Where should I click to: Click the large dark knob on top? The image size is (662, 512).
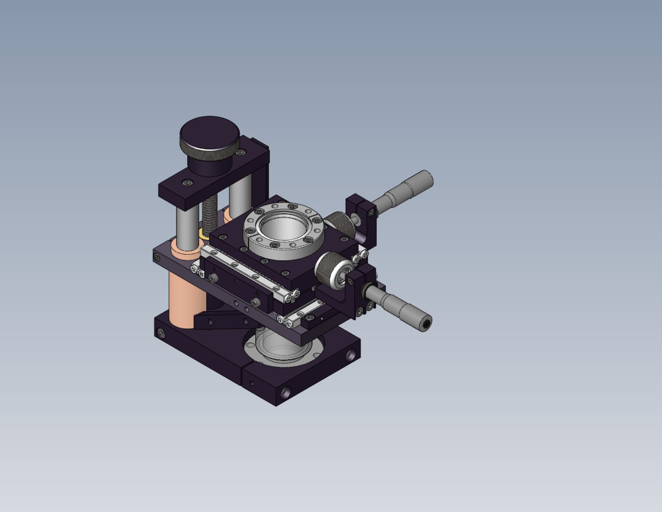pyautogui.click(x=209, y=133)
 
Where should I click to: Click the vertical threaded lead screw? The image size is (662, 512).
pyautogui.click(x=210, y=215)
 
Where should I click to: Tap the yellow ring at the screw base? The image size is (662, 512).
pyautogui.click(x=202, y=234)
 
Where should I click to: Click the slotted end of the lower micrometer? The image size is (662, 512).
pyautogui.click(x=426, y=325)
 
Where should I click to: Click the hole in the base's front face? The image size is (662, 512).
pyautogui.click(x=285, y=393)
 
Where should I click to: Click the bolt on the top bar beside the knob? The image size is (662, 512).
pyautogui.click(x=241, y=152)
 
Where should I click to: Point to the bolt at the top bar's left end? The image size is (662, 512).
pyautogui.click(x=188, y=183)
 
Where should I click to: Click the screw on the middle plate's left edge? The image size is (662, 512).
pyautogui.click(x=157, y=258)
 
